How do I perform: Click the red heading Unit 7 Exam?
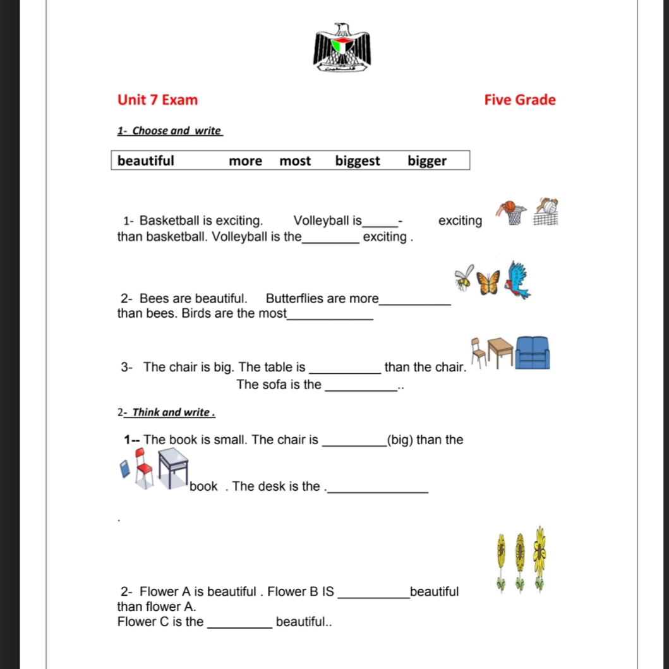coord(157,100)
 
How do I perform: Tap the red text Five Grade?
coord(520,100)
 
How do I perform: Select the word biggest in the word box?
coord(358,161)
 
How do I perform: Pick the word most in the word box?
coord(295,161)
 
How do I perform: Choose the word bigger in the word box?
coord(427,161)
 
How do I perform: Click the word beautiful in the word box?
coord(146,161)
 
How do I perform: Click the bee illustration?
coord(464,277)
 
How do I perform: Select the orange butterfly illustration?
coord(488,282)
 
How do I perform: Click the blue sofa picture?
coord(532,353)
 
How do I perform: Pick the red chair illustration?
coord(143,467)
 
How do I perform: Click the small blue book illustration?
coord(125,469)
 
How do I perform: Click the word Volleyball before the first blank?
coord(327,220)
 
